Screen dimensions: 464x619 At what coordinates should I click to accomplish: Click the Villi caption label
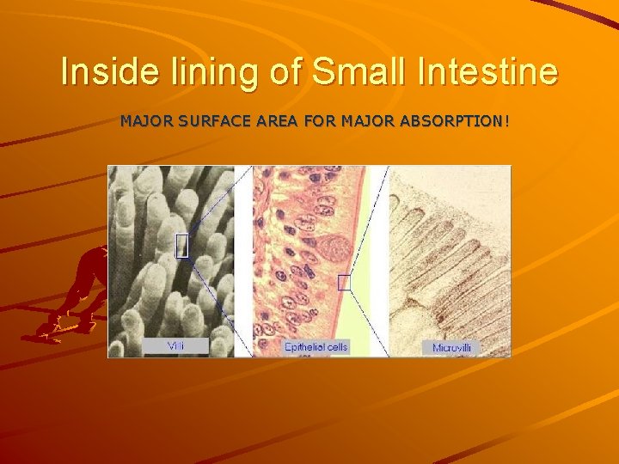click(175, 345)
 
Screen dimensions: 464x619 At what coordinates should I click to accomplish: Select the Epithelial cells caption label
click(316, 347)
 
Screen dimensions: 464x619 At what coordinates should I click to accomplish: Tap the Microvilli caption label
click(450, 348)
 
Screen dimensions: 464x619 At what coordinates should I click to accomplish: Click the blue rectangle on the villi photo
click(181, 246)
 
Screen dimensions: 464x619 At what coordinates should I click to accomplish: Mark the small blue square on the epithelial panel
click(344, 282)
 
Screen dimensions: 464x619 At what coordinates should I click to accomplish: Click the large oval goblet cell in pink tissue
click(335, 249)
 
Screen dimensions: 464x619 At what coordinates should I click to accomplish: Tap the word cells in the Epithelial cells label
click(336, 347)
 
